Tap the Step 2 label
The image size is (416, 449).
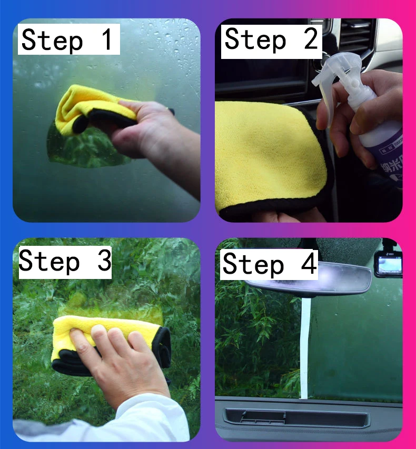tap(271, 39)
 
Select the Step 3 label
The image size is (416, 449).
tap(65, 261)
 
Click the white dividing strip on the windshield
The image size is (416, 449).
tap(304, 347)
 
